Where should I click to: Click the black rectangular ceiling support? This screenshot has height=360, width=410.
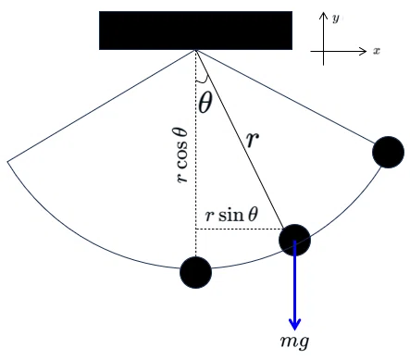(195, 31)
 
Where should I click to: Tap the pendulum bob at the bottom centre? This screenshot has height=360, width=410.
(195, 272)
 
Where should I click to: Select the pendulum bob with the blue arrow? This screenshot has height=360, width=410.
(294, 240)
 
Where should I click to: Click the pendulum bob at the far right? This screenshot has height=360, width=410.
(388, 152)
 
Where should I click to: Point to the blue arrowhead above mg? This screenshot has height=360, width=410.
(295, 324)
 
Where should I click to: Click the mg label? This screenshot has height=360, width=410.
(294, 342)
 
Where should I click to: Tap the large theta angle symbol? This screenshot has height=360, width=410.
(205, 103)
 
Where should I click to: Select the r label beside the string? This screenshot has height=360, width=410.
(253, 140)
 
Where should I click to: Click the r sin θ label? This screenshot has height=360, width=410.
(231, 215)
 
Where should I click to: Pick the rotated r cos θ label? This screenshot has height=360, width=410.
(181, 155)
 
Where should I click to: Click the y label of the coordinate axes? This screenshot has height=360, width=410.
(336, 19)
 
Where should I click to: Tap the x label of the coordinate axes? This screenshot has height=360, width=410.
(377, 51)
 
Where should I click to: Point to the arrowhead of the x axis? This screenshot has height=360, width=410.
(364, 51)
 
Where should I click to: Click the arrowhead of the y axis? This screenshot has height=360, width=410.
(323, 16)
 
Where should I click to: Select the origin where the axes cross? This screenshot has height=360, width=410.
(323, 51)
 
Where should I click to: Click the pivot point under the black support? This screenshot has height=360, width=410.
(195, 50)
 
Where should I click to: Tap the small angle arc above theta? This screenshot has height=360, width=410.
(203, 81)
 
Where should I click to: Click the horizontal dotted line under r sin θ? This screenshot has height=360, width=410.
(240, 230)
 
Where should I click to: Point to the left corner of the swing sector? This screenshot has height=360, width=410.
(7, 161)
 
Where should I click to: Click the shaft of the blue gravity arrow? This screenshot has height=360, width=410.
(295, 280)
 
